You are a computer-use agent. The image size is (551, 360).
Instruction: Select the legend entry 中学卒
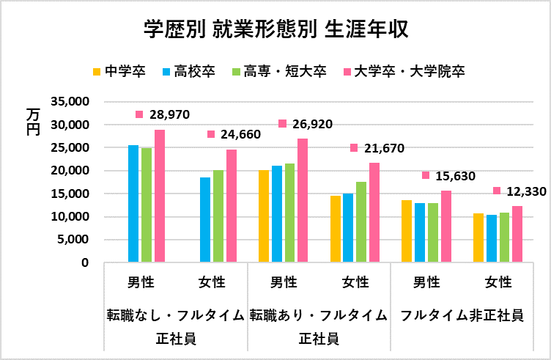click(x=119, y=71)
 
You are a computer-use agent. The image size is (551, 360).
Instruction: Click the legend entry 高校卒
click(x=188, y=71)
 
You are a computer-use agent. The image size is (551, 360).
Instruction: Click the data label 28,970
click(x=169, y=114)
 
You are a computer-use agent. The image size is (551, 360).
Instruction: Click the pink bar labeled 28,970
click(x=160, y=196)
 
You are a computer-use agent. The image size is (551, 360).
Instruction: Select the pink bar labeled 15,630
click(x=446, y=226)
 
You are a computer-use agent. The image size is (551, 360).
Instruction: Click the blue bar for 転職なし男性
click(x=133, y=203)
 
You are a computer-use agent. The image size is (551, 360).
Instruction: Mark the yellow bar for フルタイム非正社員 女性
click(x=478, y=238)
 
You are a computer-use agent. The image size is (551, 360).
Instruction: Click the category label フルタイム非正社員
click(x=462, y=315)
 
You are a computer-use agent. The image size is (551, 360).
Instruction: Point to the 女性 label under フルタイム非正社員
click(x=498, y=282)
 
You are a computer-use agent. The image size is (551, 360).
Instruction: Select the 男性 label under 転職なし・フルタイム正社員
click(x=140, y=282)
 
